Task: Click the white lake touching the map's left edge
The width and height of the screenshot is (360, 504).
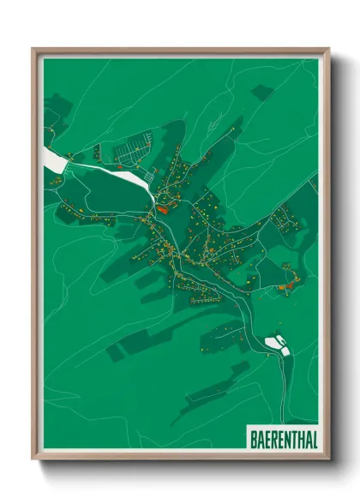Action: [x=51, y=159]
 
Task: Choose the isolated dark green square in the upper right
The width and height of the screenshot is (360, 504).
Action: [x=261, y=90]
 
